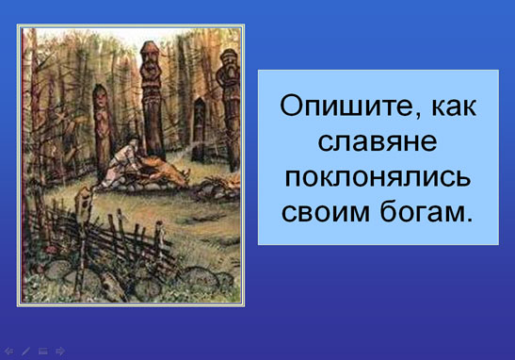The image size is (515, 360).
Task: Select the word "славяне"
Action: pyautogui.click(x=378, y=142)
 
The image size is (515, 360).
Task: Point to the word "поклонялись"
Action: pyautogui.click(x=378, y=178)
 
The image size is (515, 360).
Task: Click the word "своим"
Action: pyautogui.click(x=326, y=213)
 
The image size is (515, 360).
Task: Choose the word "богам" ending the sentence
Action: pyautogui.click(x=422, y=212)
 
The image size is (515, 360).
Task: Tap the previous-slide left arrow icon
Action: pyautogui.click(x=8, y=352)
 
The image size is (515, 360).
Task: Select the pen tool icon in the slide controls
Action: pyautogui.click(x=25, y=352)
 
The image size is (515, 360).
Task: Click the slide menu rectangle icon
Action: pyautogui.click(x=43, y=352)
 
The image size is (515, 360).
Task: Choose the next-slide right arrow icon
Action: pyautogui.click(x=60, y=352)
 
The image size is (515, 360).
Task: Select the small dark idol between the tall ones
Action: pyautogui.click(x=199, y=129)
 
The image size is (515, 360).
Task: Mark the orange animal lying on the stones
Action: pyautogui.click(x=164, y=171)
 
